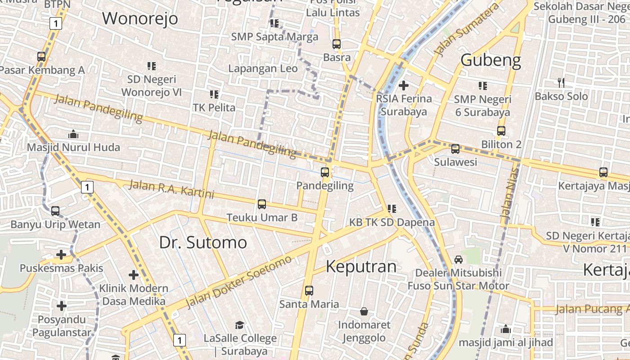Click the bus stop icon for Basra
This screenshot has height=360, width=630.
[336, 44]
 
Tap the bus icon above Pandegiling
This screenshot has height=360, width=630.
[324, 172]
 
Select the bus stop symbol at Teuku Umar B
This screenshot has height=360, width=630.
[261, 204]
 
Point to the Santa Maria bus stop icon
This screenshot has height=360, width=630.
[309, 291]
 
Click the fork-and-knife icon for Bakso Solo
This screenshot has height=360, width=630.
[561, 82]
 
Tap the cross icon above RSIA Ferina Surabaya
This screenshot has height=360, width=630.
[404, 85]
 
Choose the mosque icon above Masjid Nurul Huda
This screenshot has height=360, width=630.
[73, 134]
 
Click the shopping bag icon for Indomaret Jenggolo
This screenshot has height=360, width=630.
[364, 311]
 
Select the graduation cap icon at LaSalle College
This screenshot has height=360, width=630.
[239, 325]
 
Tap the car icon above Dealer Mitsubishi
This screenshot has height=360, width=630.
[458, 259]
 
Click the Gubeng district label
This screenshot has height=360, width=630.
[490, 60]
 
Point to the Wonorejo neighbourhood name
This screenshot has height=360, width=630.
[140, 19]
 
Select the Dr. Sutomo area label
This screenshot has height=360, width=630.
[203, 242]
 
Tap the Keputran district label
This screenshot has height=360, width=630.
[361, 266]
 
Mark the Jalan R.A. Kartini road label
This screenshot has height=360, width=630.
[171, 189]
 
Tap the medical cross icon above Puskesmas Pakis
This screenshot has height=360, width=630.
[61, 255]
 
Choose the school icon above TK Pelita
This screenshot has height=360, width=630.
[214, 94]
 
